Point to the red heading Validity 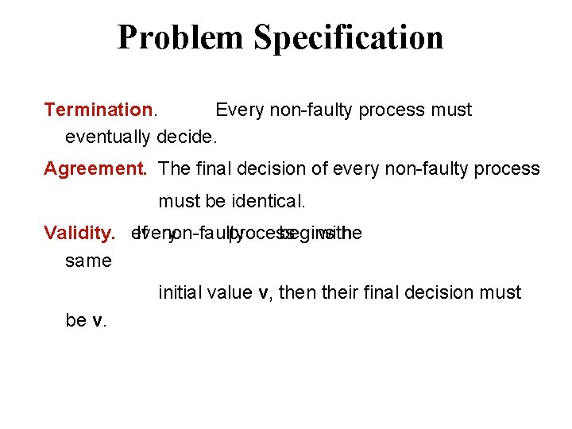click(79, 233)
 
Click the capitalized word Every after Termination click(239, 110)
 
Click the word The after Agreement click(173, 168)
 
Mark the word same click(88, 261)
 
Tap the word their click(342, 292)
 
